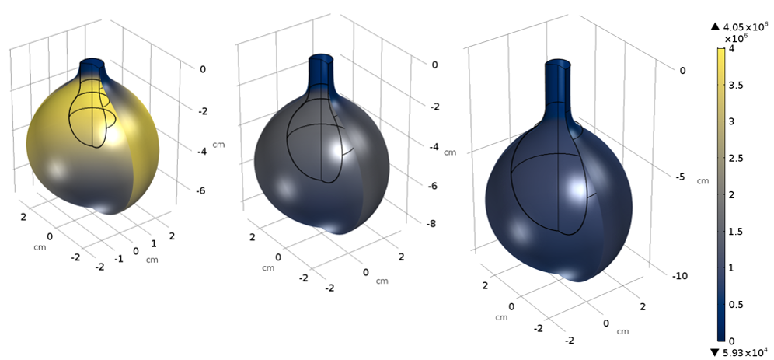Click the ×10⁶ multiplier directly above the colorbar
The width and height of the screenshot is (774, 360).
736,38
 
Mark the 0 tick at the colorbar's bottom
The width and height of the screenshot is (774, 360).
741,341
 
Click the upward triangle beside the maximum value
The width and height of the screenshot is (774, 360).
716,28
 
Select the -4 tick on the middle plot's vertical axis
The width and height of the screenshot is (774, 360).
432,146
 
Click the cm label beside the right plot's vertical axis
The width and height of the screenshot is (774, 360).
703,181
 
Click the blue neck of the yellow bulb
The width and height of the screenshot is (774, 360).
91,67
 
